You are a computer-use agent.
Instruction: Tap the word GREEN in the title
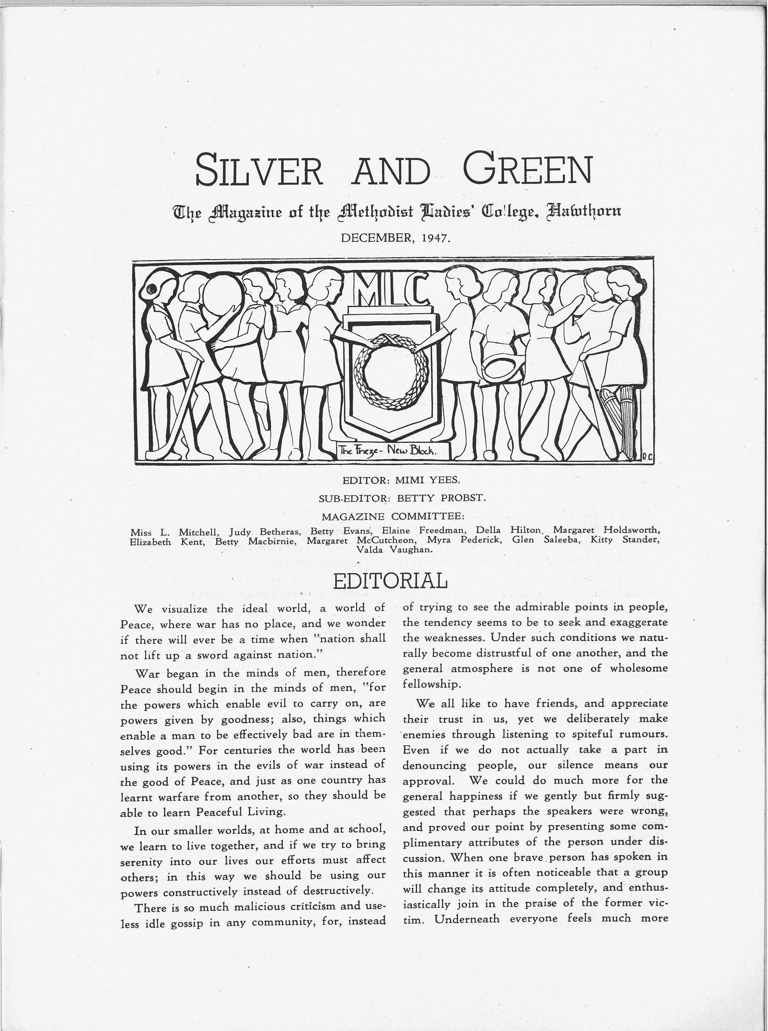pyautogui.click(x=528, y=169)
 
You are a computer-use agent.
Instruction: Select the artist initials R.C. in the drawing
pyautogui.click(x=648, y=457)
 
